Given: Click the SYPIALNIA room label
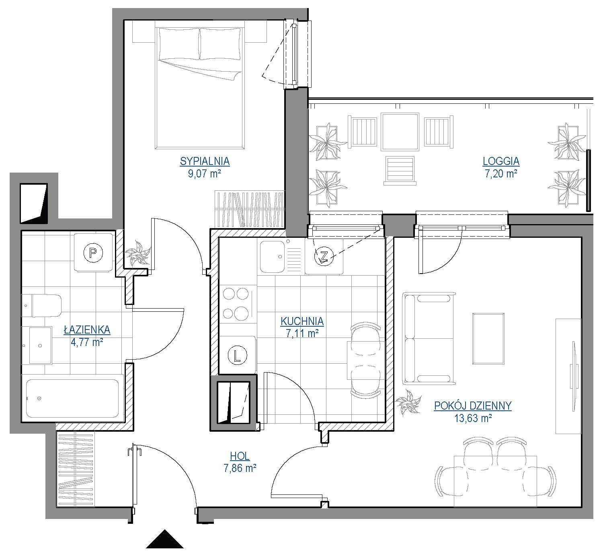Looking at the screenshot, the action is [x=205, y=161].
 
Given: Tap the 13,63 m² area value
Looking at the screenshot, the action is [x=473, y=418].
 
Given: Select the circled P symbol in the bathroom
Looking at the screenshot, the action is [x=94, y=253].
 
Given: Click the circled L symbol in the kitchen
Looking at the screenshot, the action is [x=238, y=355].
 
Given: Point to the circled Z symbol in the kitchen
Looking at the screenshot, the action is [x=324, y=256].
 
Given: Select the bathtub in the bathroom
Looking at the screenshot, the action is [x=72, y=398].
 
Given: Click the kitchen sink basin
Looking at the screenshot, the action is [x=272, y=257].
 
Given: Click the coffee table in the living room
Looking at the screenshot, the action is [x=488, y=338].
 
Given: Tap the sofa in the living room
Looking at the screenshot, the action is [x=428, y=338].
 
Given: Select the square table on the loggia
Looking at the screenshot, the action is [x=400, y=132].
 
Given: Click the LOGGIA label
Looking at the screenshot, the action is [x=501, y=161].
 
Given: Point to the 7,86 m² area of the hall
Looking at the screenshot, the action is [x=240, y=468].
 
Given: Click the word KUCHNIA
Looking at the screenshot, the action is [x=302, y=321].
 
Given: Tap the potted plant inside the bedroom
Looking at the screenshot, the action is [x=137, y=253].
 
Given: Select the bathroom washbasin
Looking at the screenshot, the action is [x=41, y=346].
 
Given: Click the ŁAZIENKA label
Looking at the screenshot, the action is [x=87, y=330].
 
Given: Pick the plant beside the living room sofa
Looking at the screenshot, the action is [x=408, y=403].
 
